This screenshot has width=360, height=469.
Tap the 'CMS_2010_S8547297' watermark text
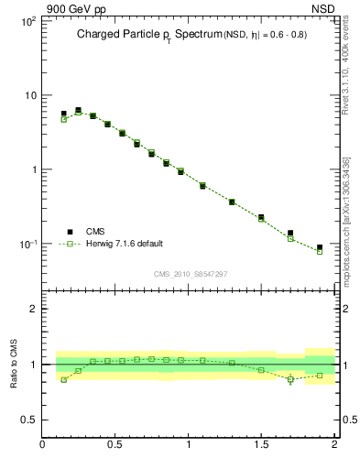tap(190, 274)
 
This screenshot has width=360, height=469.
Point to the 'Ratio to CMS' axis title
tap(13, 364)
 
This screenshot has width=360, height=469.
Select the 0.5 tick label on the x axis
tap(115, 445)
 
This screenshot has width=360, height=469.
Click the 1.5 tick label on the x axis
tap(261, 445)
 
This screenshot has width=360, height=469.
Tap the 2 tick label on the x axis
tap(333, 445)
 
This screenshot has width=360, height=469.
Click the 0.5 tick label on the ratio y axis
tap(27, 420)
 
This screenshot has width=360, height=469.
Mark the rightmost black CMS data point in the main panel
tap(320, 247)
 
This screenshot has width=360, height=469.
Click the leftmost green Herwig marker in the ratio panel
tap(64, 379)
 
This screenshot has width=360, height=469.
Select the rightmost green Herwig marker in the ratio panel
tap(320, 376)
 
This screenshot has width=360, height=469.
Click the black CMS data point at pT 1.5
tap(261, 218)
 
